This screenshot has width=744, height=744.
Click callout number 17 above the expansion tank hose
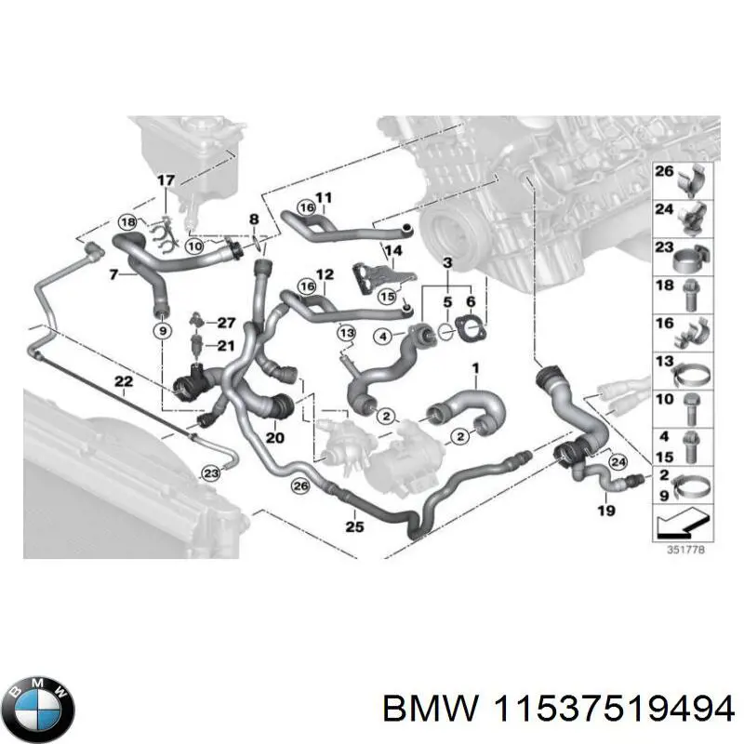[x=165, y=179]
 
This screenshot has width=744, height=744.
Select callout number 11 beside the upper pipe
[x=324, y=197]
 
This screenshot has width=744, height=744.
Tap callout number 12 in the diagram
[x=324, y=274]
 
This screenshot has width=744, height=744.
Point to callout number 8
[x=254, y=219]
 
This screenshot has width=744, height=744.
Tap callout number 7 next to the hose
[x=113, y=275]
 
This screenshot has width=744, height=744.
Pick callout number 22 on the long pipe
[x=123, y=381]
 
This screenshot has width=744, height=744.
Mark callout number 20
[x=274, y=437]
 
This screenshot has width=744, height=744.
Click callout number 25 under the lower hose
[x=353, y=526]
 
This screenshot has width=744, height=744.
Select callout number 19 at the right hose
[x=606, y=510]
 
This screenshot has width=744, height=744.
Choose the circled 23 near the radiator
[x=211, y=473]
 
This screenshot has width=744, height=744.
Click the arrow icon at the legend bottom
[x=683, y=525]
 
